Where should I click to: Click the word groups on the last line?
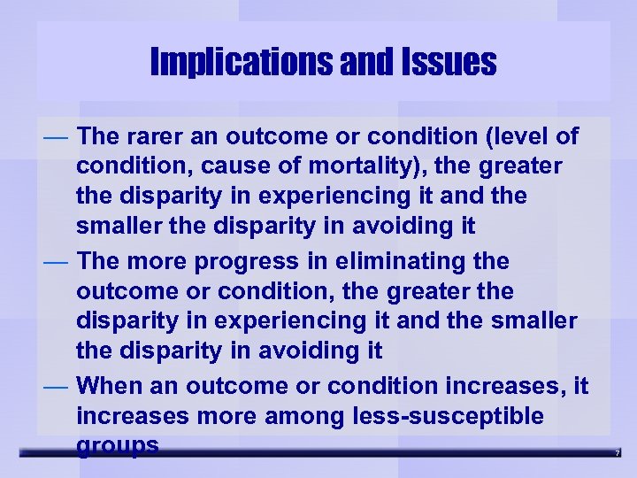point(118,445)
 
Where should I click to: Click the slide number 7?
point(618,453)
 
